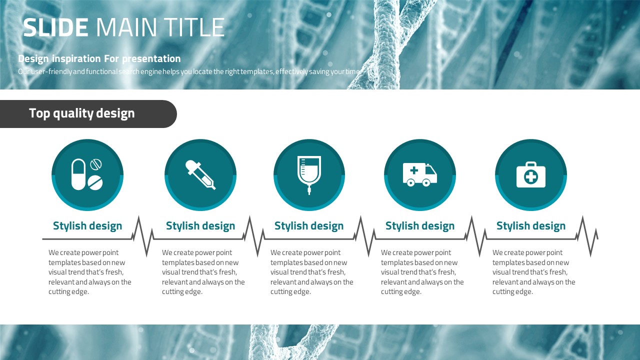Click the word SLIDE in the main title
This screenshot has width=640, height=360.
55,27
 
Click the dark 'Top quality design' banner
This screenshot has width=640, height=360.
88,113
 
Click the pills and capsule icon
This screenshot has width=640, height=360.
87,174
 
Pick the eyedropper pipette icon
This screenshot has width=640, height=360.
200,174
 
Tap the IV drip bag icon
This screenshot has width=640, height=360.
309,175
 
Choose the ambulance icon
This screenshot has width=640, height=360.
419,174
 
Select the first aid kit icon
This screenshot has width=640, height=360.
531,174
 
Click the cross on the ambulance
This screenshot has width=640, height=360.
414,170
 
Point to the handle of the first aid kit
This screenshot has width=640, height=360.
531,164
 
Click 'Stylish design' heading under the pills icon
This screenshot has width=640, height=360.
87,225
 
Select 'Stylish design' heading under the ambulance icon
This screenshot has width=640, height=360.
420,225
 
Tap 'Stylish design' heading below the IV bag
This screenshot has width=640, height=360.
309,225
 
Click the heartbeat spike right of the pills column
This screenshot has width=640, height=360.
142,236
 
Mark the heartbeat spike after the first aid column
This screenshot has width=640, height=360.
587,236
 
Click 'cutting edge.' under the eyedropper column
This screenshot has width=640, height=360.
182,291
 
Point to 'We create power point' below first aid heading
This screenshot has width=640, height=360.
527,252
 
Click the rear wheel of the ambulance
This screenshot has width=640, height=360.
410,182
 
